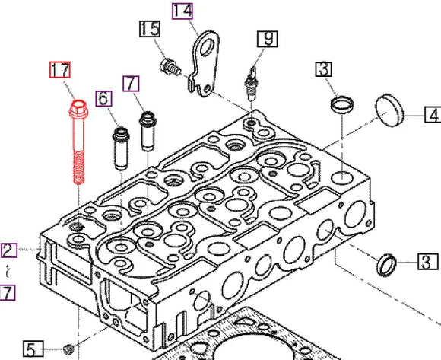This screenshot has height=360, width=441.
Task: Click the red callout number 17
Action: pos(60,70)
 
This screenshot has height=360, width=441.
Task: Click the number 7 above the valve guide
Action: pos(131,81)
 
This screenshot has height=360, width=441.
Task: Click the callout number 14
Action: pos(182,11)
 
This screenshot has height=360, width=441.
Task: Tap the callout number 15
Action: pos(149,30)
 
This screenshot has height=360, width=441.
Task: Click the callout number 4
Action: pos(432,116)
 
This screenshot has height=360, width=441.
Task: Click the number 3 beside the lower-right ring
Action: pos(427,263)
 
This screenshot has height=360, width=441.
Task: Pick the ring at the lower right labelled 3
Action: pos(388,264)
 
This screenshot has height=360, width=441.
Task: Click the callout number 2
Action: pos(8,250)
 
